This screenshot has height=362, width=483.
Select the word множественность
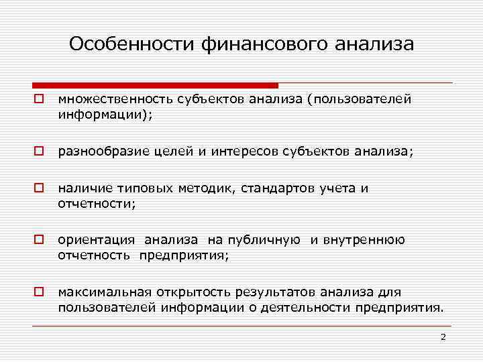115,99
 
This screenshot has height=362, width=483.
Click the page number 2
443,337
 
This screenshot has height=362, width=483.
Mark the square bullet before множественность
40,99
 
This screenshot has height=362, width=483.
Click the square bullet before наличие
40,188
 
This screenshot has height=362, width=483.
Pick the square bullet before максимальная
40,292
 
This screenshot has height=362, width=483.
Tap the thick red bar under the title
154,85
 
